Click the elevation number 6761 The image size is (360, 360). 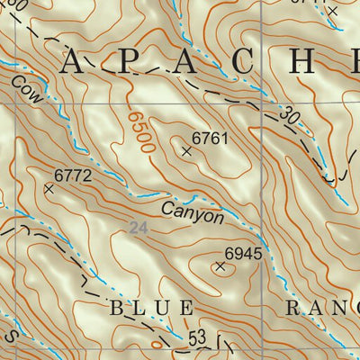click(211, 139)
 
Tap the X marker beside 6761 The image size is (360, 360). click(186, 152)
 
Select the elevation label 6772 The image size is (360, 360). click(73, 175)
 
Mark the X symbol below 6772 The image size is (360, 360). click(49, 189)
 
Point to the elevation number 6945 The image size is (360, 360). click(243, 254)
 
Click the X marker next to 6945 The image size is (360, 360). click(220, 265)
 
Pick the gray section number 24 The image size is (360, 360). click(138, 229)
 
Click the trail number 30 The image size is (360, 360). click(287, 116)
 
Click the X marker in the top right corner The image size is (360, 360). click(331, 11)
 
